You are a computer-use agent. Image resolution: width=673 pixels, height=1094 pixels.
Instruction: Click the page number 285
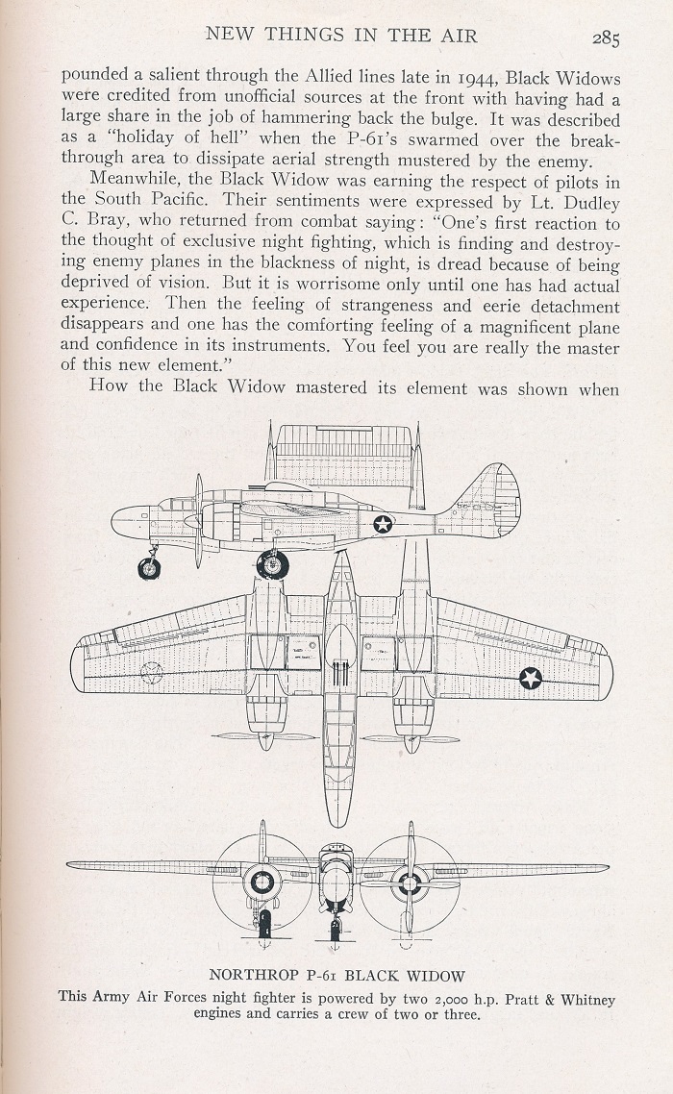[606, 38]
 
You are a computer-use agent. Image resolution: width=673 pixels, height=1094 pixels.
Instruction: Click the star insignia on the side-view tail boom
[383, 523]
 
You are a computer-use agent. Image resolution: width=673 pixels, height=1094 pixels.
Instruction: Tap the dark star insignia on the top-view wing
[531, 677]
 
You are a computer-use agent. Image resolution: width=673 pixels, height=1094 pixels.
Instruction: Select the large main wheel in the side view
[272, 563]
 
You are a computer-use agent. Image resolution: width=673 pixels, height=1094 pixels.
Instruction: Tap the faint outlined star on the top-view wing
[152, 673]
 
